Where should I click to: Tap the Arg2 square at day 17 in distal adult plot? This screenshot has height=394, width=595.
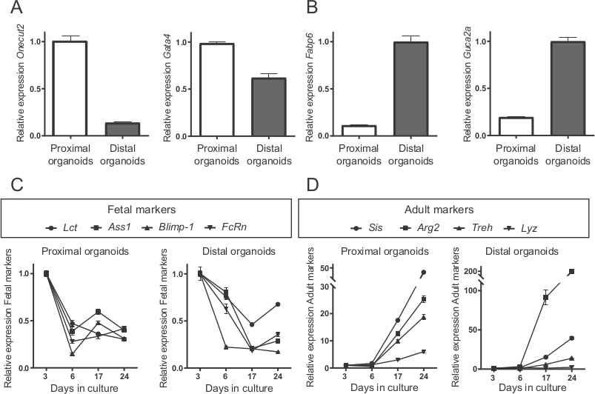pyautogui.click(x=545, y=298)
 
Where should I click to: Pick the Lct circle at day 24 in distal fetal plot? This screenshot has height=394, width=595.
pyautogui.click(x=276, y=304)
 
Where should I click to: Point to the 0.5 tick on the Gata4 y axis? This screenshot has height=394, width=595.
pyautogui.click(x=181, y=89)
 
